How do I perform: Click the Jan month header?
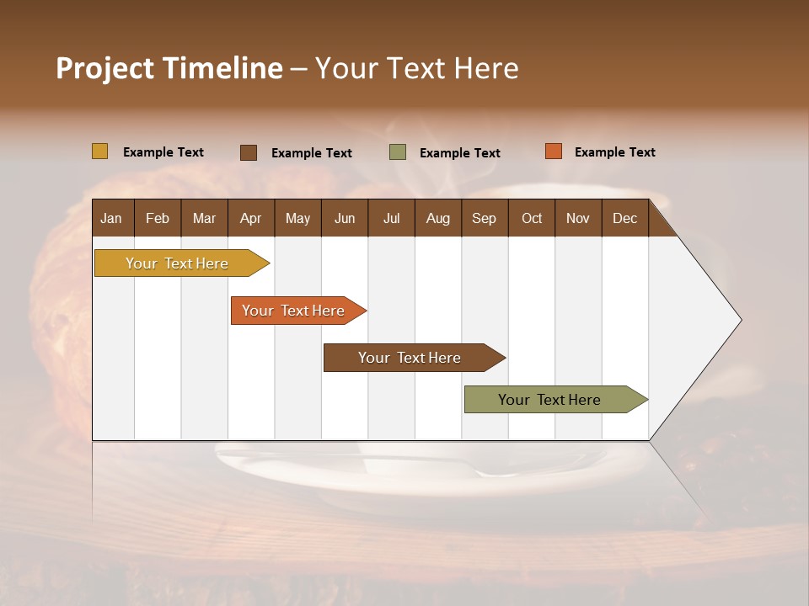coord(111,218)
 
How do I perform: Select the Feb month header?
coord(158,218)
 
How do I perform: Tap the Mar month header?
coord(204,218)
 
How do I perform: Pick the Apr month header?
coord(250,218)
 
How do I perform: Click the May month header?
coord(297,218)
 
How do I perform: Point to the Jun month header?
coord(345,218)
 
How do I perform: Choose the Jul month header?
coord(391,218)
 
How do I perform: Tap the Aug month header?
coord(438,218)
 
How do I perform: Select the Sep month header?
coord(484,218)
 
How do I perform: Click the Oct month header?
coord(532,218)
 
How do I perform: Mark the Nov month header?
coord(578,218)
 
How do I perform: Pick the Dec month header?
coord(625,218)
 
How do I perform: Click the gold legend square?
coord(99,151)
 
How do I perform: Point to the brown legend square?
coord(249,152)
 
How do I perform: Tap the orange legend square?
coord(553,151)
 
